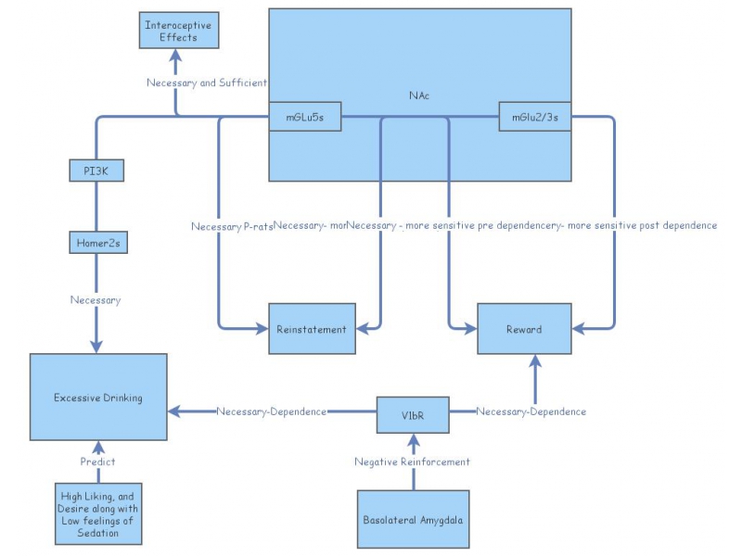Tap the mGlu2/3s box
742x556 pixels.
pyautogui.click(x=534, y=117)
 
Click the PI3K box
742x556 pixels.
pyautogui.click(x=97, y=171)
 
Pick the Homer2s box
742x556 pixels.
pyautogui.click(x=97, y=243)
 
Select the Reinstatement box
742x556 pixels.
pyautogui.click(x=312, y=328)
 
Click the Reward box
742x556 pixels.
pyautogui.click(x=523, y=328)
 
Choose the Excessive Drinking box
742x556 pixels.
pyautogui.click(x=98, y=397)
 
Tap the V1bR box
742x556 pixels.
pyautogui.click(x=413, y=413)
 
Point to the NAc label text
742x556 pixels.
pyautogui.click(x=419, y=95)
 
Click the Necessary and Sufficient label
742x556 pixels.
pyautogui.click(x=208, y=82)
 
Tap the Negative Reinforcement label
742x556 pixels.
pyautogui.click(x=413, y=461)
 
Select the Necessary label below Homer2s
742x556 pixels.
pyautogui.click(x=96, y=299)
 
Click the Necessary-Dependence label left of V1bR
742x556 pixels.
pyautogui.click(x=271, y=411)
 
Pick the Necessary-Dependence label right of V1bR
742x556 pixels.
pyautogui.click(x=531, y=411)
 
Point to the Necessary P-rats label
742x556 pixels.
pyautogui.click(x=232, y=226)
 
